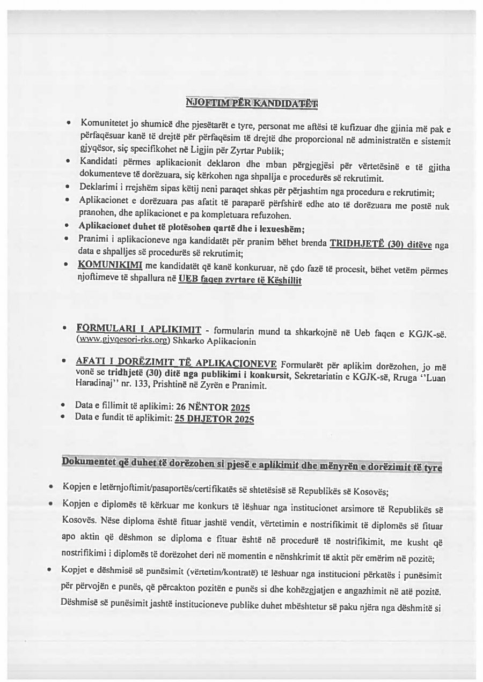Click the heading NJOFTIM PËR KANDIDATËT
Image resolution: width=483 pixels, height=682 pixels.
[251, 102]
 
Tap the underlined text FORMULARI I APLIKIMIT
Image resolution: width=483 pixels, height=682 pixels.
[139, 329]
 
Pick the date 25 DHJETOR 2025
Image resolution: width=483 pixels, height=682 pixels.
[215, 418]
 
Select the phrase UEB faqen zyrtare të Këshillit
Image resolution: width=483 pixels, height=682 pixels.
[240, 278]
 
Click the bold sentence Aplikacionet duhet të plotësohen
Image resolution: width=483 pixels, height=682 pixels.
[192, 229]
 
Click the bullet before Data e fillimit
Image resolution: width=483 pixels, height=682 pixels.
[64, 406]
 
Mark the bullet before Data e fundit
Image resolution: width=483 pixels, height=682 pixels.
[64, 417]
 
